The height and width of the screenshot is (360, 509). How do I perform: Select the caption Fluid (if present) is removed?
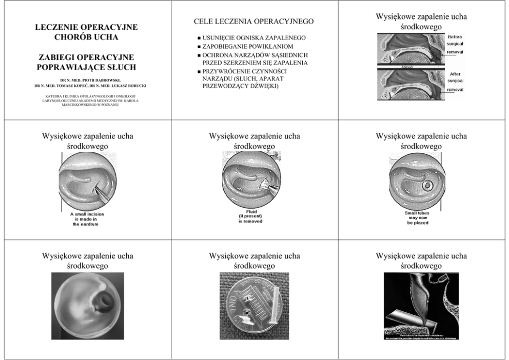coord(251,217)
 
